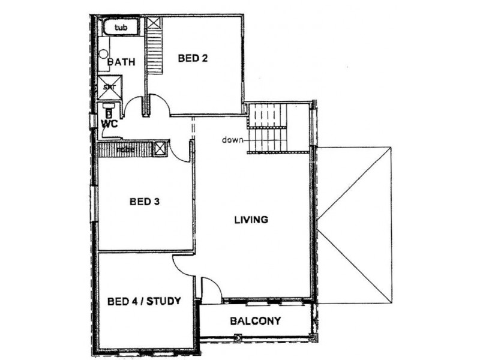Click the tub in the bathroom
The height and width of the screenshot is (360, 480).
pos(121,28)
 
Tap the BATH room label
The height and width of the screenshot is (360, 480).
pos(121,62)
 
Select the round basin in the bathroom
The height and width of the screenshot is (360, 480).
pos(104,53)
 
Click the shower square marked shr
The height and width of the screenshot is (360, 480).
pos(110,88)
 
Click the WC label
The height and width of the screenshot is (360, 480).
pos(109,124)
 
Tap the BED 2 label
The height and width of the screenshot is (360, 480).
pos(193,58)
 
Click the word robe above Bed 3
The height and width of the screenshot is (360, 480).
pos(125,149)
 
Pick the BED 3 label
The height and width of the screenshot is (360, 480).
pos(144,202)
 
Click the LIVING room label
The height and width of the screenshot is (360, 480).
pos(251,220)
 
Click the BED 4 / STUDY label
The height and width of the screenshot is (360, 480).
pos(144,301)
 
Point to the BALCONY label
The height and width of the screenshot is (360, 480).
pos(255,321)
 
